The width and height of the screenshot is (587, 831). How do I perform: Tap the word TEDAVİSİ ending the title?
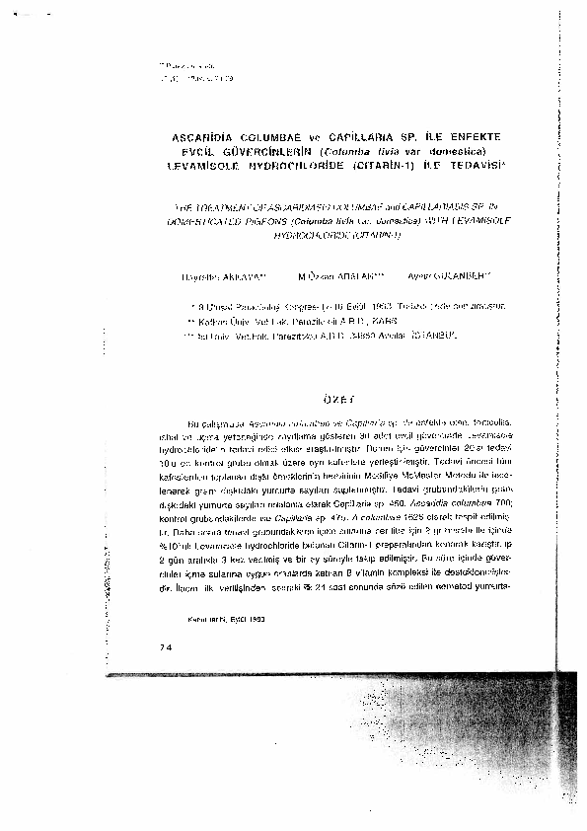pos(477,166)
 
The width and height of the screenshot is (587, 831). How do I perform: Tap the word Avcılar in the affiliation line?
pos(406,337)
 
